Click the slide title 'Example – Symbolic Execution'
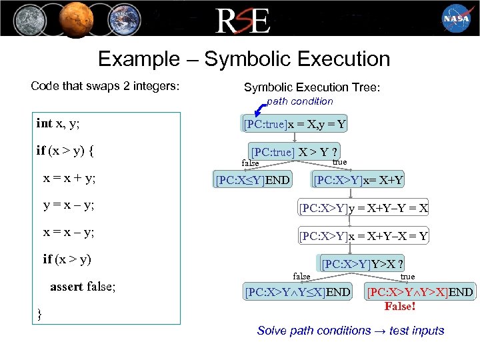244,59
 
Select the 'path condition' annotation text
299,101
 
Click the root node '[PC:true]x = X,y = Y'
294,124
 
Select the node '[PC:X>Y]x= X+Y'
359,180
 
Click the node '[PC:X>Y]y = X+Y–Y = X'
363,208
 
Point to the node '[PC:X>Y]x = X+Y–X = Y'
363,235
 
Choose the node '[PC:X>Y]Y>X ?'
364,263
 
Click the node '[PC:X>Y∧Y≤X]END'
297,292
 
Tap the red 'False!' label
400,307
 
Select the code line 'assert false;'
83,287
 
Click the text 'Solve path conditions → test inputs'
351,331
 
